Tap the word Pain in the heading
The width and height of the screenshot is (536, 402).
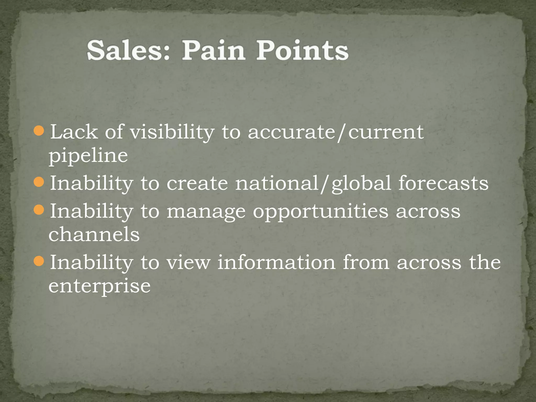tap(213, 50)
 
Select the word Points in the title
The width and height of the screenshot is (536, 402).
tap(302, 50)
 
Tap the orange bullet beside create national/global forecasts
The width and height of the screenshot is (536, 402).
tap(39, 182)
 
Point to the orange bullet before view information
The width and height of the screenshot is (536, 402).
tap(39, 261)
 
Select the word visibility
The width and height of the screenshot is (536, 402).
tap(172, 132)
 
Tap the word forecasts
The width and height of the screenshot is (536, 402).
tap(443, 183)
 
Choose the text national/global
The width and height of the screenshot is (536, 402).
tap(313, 183)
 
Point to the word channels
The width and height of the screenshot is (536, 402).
tap(94, 234)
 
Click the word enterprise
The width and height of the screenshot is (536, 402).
tap(99, 286)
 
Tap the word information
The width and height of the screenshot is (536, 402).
tap(276, 263)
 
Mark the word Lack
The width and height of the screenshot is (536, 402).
tap(74, 132)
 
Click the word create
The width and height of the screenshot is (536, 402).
tap(197, 183)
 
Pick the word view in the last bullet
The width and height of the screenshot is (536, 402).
tap(188, 263)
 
